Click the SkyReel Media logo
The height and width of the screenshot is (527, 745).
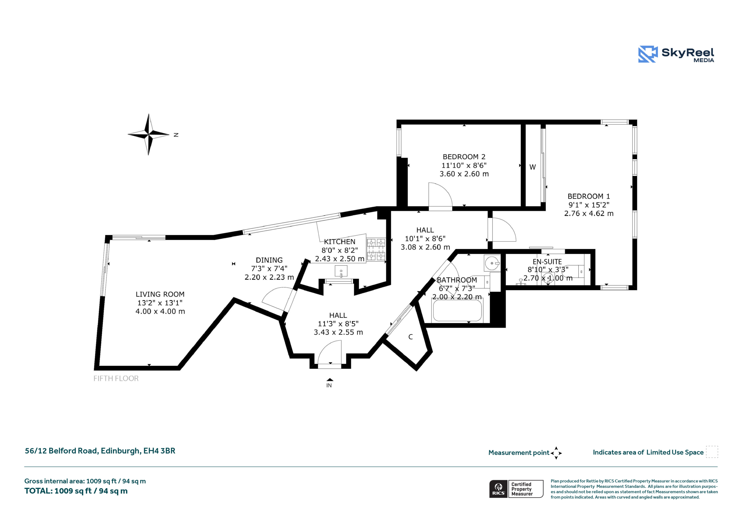click(x=676, y=54)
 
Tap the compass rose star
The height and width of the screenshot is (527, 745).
click(x=149, y=134)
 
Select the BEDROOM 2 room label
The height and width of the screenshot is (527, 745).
click(x=464, y=157)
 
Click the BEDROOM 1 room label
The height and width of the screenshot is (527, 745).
click(x=589, y=197)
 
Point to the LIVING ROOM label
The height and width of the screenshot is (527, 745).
click(x=160, y=294)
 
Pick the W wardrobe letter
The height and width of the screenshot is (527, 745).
click(x=533, y=167)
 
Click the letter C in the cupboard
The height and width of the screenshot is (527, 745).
click(x=410, y=337)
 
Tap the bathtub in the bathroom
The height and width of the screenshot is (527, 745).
click(x=457, y=310)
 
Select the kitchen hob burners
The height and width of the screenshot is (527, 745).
click(x=376, y=250)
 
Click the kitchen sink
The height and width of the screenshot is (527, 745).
click(x=341, y=271)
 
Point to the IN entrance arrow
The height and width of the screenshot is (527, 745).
click(x=330, y=379)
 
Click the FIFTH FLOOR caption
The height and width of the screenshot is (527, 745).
click(x=116, y=378)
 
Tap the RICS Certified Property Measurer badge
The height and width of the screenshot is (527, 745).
click(x=516, y=489)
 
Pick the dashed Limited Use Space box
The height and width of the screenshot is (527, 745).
click(x=712, y=452)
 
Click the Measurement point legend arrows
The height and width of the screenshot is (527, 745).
click(x=556, y=453)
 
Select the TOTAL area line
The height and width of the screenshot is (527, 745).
click(x=76, y=491)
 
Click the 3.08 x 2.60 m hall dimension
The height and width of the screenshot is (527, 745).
click(x=425, y=247)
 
